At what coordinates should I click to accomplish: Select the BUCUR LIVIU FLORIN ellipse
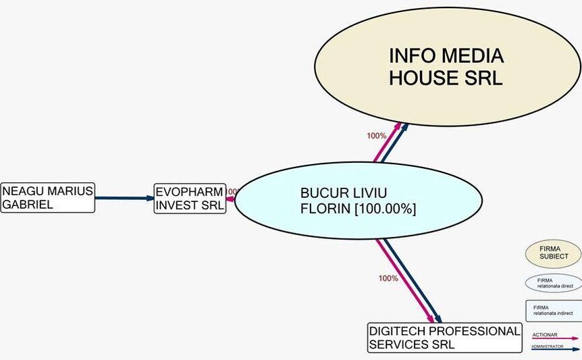359,201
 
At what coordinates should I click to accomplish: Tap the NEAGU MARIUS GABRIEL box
47,198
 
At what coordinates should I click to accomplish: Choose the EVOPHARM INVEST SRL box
190,199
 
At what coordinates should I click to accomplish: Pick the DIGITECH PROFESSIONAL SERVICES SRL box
444,338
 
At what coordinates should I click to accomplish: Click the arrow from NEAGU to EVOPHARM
125,199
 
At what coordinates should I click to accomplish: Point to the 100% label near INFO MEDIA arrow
377,136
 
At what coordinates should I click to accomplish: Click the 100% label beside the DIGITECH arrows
388,278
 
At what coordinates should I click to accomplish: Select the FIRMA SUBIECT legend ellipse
553,254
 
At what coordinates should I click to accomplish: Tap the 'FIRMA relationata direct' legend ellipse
553,283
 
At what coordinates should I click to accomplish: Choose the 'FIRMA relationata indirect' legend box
554,311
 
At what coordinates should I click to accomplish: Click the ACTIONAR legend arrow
555,338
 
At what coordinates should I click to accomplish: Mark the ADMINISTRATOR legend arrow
555,349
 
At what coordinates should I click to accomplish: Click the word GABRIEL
28,205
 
